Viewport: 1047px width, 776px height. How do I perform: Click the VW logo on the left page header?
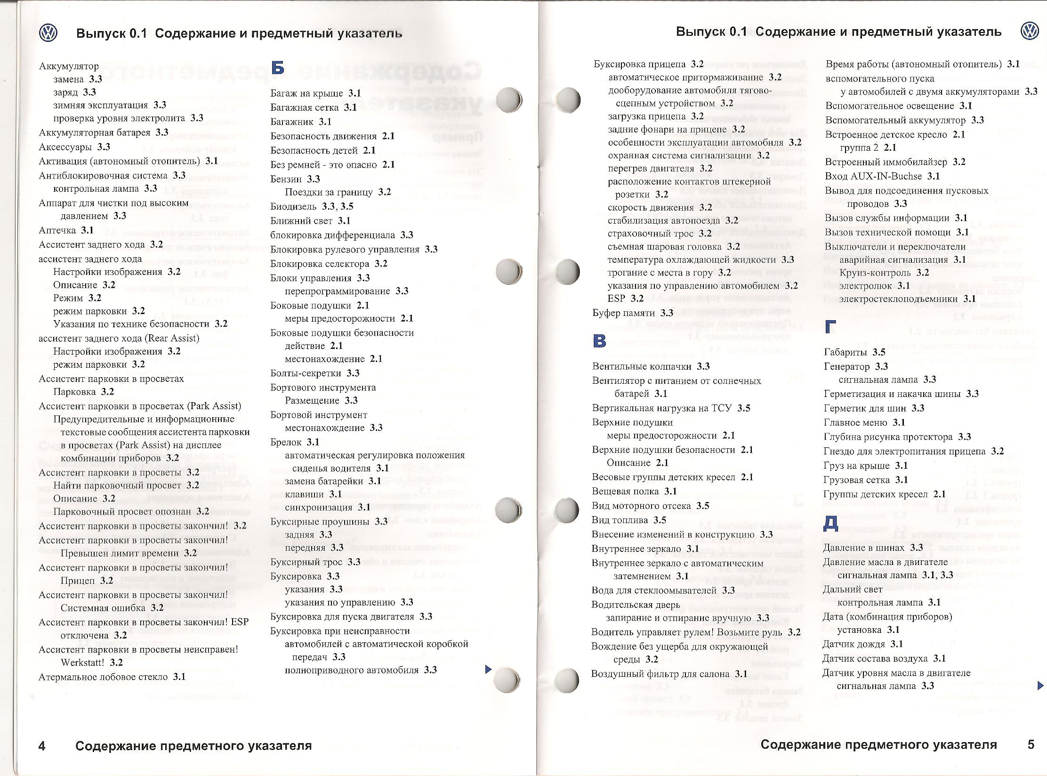(48, 33)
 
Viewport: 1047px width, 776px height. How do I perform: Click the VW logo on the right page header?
(1030, 31)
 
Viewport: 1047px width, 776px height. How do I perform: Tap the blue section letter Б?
(278, 68)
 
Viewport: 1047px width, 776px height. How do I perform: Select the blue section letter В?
(599, 341)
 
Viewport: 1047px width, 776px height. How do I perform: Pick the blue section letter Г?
(831, 326)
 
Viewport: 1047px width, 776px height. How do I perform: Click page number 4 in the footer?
(42, 746)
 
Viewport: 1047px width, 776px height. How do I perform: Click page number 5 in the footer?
(1031, 744)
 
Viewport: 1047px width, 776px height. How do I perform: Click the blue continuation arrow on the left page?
(488, 669)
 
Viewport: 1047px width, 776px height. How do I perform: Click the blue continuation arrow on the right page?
(1040, 686)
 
